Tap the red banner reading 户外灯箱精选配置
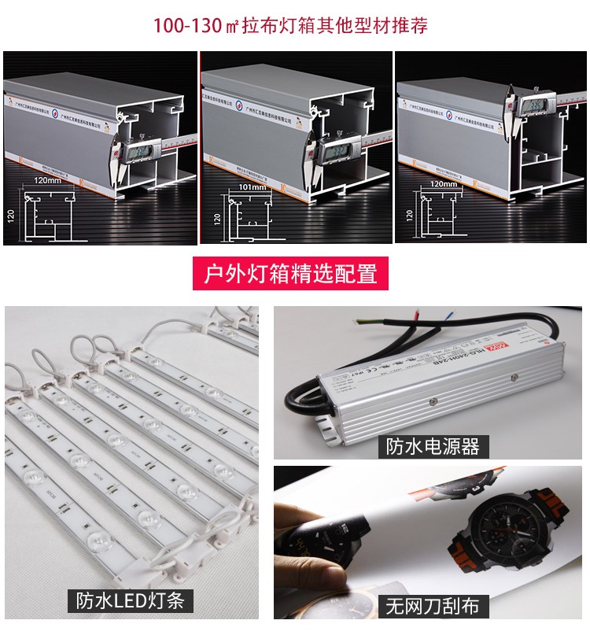291,274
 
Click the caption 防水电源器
432,447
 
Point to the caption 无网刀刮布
432,606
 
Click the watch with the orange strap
495,542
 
